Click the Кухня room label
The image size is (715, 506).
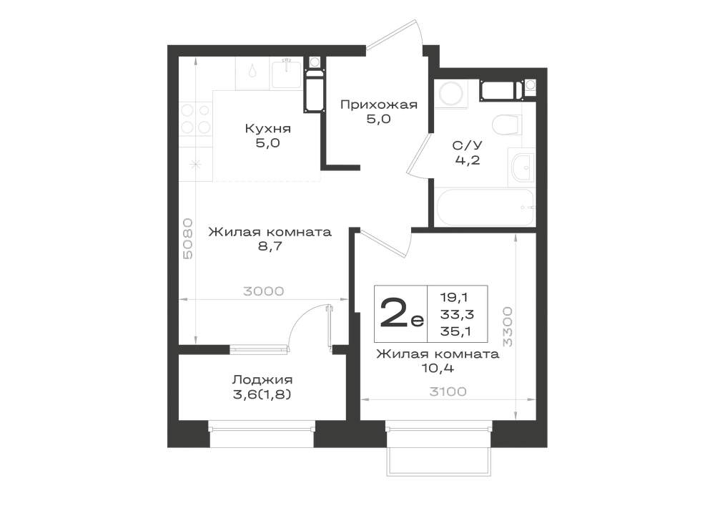tap(267, 128)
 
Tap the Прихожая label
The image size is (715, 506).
tap(379, 105)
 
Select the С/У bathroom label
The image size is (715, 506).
tap(467, 145)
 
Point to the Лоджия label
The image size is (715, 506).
tap(262, 379)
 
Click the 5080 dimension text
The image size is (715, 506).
tap(188, 238)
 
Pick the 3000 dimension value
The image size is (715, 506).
tap(264, 291)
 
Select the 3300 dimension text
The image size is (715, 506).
tap(507, 326)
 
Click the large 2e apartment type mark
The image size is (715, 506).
tap(401, 313)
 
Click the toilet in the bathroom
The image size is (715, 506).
tap(507, 125)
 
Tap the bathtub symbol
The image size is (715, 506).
tap(485, 207)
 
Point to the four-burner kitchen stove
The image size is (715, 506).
tap(195, 119)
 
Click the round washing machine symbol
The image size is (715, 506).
tap(450, 94)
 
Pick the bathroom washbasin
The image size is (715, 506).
tap(521, 167)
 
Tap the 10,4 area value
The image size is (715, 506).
tap(438, 368)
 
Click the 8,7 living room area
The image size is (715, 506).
tap(270, 246)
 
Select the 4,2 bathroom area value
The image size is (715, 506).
tap(467, 160)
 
